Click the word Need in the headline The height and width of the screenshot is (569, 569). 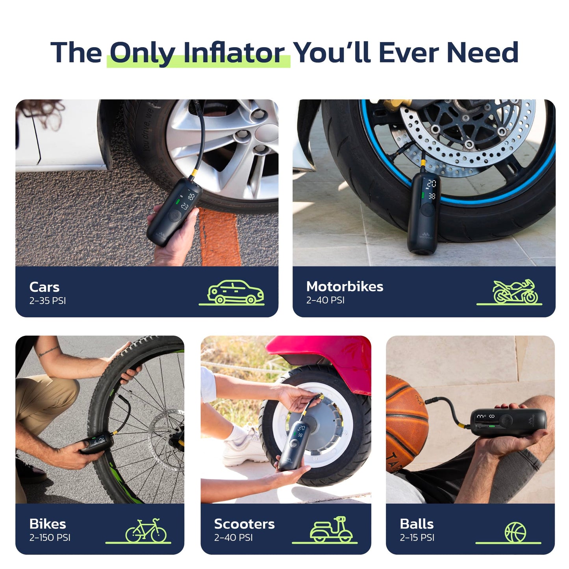[x=482, y=52]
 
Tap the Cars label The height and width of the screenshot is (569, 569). [x=44, y=287]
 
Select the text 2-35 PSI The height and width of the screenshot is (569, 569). [x=48, y=301]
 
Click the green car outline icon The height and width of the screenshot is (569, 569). [x=232, y=292]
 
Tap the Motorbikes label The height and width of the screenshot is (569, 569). [x=345, y=287]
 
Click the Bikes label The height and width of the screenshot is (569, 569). [x=48, y=524]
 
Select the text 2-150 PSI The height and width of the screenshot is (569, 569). [x=50, y=538]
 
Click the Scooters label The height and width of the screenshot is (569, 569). [x=244, y=524]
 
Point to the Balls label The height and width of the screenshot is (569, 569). [x=417, y=524]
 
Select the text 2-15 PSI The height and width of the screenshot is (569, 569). [x=417, y=538]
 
